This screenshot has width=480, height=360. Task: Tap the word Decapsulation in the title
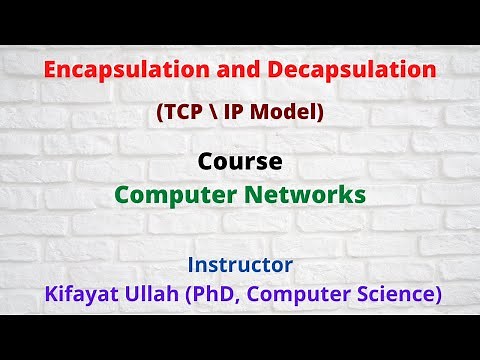[x=365, y=71]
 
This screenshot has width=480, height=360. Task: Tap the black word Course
[x=240, y=162]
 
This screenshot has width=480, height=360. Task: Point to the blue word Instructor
[x=240, y=266]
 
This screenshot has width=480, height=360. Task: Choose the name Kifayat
[x=81, y=295]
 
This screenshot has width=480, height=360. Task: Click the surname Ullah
[x=161, y=295]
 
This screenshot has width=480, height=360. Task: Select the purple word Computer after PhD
[x=302, y=295]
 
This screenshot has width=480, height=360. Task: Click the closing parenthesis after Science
[x=438, y=296]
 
